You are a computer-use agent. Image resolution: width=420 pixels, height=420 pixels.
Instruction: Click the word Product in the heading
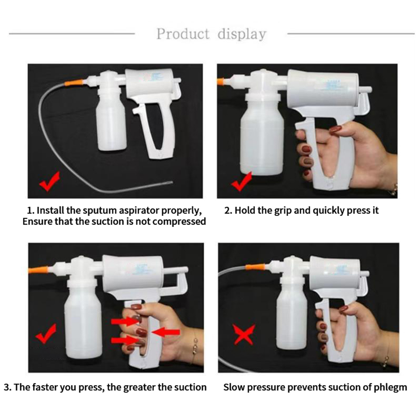point(183,34)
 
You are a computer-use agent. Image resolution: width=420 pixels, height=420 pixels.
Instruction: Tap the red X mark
point(244,334)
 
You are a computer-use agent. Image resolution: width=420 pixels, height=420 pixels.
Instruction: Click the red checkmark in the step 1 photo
point(49,181)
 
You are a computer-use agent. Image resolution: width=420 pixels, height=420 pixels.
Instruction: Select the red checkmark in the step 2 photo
point(241,182)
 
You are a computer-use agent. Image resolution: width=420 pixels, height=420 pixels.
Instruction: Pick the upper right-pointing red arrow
point(124,321)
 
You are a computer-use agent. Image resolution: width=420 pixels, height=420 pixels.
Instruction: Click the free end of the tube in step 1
point(171,183)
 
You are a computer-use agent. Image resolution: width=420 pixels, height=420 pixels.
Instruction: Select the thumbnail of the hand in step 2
point(335,130)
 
